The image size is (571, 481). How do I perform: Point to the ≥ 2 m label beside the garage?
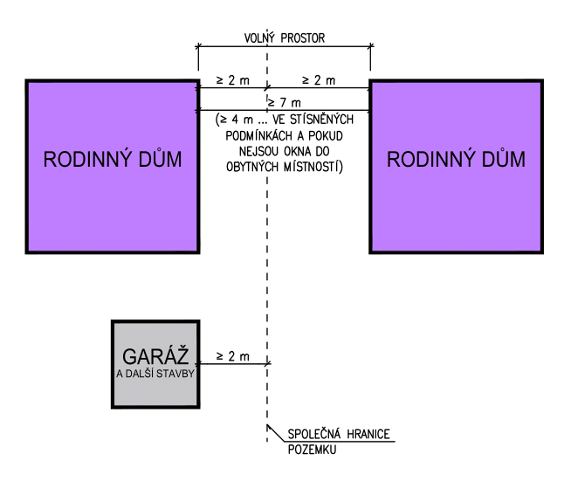tap(232, 357)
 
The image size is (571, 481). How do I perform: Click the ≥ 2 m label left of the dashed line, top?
tap(230, 80)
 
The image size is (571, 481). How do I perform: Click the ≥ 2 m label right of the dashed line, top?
tap(320, 80)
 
